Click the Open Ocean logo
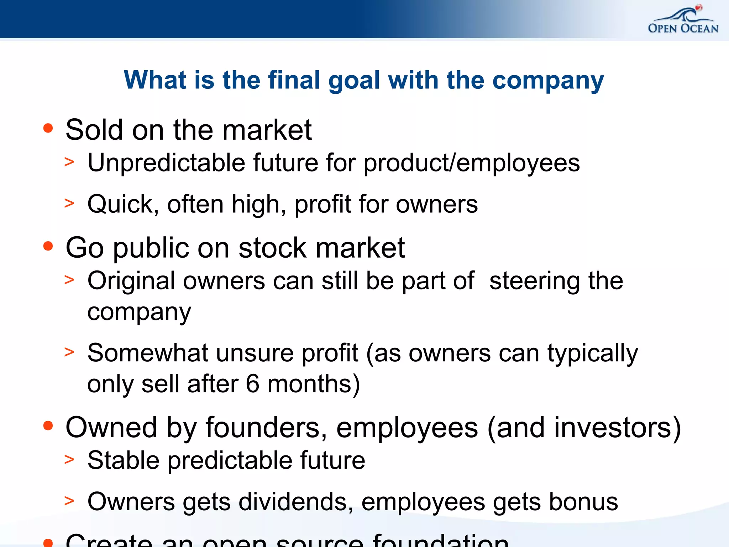pyautogui.click(x=683, y=21)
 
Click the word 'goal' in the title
pyautogui.click(x=354, y=81)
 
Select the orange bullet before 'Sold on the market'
pyautogui.click(x=48, y=128)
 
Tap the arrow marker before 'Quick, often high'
pyautogui.click(x=69, y=203)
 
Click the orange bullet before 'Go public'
pyautogui.click(x=48, y=246)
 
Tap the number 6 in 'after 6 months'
pyautogui.click(x=252, y=384)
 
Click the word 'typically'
pyautogui.click(x=593, y=354)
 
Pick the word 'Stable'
pyautogui.click(x=123, y=460)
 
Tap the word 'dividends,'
pyautogui.click(x=296, y=502)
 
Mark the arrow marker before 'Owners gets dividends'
pyautogui.click(x=69, y=500)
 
